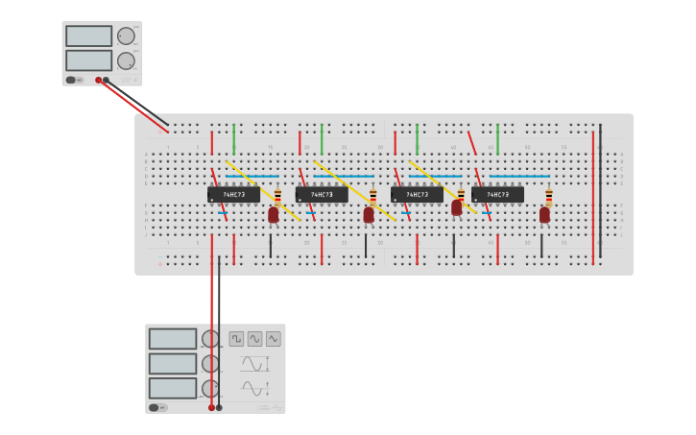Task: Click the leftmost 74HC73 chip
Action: (233, 194)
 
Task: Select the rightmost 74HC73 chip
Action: (497, 194)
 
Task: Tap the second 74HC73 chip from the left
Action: (322, 194)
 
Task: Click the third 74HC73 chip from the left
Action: (417, 194)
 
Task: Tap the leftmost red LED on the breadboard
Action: (274, 214)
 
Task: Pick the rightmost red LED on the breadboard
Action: (544, 214)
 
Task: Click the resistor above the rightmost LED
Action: (549, 197)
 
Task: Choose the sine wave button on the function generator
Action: (254, 339)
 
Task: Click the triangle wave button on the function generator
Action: (274, 339)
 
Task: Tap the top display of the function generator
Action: (172, 339)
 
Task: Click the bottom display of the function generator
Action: (172, 387)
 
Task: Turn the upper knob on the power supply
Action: (126, 36)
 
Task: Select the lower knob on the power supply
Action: (126, 60)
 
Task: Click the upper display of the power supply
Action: (89, 36)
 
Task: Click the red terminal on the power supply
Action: (98, 81)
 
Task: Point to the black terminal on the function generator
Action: (219, 407)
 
